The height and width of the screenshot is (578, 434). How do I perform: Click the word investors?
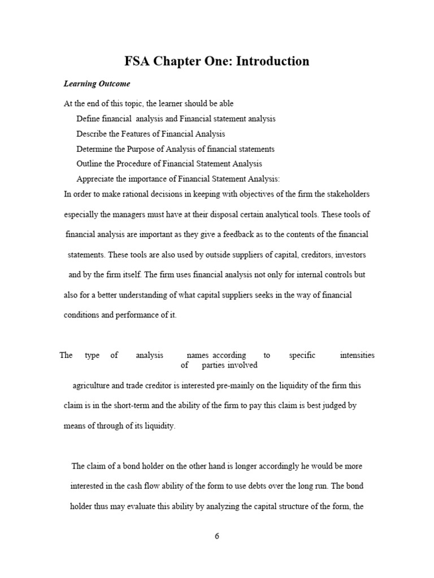click(x=351, y=255)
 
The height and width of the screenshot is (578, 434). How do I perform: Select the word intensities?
click(x=357, y=356)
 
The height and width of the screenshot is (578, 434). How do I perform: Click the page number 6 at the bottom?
click(x=217, y=536)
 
